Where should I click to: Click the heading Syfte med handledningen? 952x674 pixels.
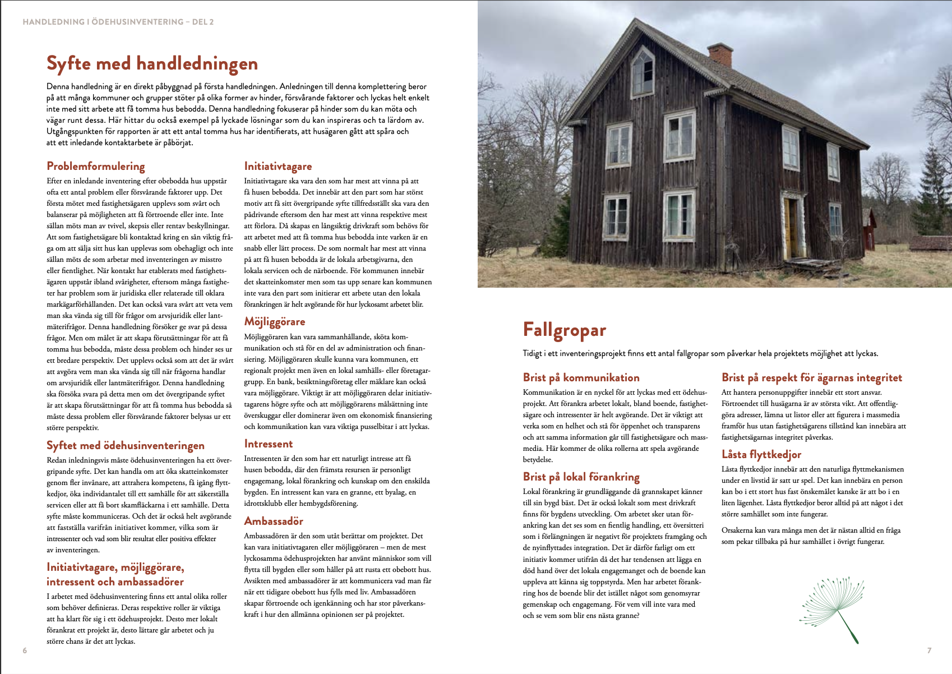(x=152, y=63)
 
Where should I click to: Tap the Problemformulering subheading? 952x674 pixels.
(x=96, y=166)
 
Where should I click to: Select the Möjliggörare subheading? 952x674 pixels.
(x=275, y=321)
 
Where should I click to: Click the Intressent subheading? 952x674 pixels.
(x=269, y=444)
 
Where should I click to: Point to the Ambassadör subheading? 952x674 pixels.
(x=274, y=521)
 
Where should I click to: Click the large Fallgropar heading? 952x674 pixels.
(x=564, y=330)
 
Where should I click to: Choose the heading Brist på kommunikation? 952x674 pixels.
(x=581, y=377)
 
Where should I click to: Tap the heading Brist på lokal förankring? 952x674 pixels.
(x=581, y=477)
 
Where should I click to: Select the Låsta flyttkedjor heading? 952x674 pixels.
(x=761, y=454)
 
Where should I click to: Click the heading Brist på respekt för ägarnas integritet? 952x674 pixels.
(x=811, y=377)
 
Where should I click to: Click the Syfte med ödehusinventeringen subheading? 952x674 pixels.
(x=126, y=445)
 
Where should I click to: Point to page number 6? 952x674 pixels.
(x=25, y=650)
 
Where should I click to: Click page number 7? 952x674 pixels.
(x=929, y=650)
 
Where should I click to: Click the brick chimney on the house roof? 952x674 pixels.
(x=720, y=55)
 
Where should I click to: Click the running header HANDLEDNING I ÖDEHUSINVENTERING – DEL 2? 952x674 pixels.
(x=118, y=22)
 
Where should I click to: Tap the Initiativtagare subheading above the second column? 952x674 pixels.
(x=278, y=166)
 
